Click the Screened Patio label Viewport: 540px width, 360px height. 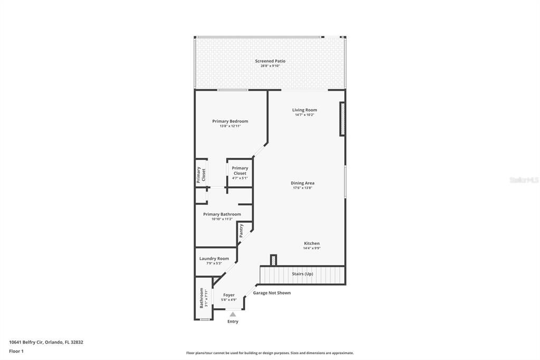pos(270,61)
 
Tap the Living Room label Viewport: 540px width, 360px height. pos(304,110)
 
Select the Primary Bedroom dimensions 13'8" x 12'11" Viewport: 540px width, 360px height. pos(230,126)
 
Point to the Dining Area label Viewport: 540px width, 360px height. pos(302,183)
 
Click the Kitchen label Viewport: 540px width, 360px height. pos(311,243)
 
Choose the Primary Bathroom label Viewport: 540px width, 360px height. pos(222,214)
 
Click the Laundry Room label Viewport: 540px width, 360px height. pos(214,259)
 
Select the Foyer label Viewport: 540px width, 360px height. pos(229,295)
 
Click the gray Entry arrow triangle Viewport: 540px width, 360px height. pos(233,314)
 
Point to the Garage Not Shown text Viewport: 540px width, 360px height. pos(272,293)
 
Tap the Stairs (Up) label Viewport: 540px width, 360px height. pos(302,274)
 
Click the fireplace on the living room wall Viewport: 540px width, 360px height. pos(342,119)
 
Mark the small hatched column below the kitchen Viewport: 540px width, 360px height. pos(273,260)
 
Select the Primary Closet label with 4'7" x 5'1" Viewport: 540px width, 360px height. pos(240,170)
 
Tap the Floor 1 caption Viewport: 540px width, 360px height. pos(16,351)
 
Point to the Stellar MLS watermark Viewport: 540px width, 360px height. pos(524,180)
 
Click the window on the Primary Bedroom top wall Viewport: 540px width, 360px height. pos(233,90)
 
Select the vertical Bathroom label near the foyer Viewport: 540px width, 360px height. pos(201,298)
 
